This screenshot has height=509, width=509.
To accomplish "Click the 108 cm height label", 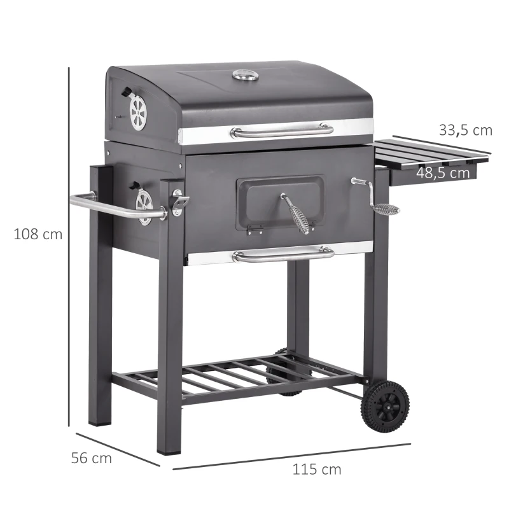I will point(38,234).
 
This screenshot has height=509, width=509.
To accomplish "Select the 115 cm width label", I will point(316,470).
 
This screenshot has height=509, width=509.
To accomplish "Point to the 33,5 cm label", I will point(465,130).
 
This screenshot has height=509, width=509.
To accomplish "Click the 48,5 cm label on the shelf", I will point(443,172).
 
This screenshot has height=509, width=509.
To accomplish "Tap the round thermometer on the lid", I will point(245,76).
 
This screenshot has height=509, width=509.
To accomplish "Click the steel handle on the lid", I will point(281,130).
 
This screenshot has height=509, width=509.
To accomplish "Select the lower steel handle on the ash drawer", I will point(282,254).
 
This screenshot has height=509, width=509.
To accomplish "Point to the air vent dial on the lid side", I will point(137,113).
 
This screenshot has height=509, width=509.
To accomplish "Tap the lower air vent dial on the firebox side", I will point(144,206).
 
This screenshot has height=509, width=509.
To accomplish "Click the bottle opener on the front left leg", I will point(179,202).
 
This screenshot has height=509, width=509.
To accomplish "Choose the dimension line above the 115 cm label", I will point(292,456).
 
